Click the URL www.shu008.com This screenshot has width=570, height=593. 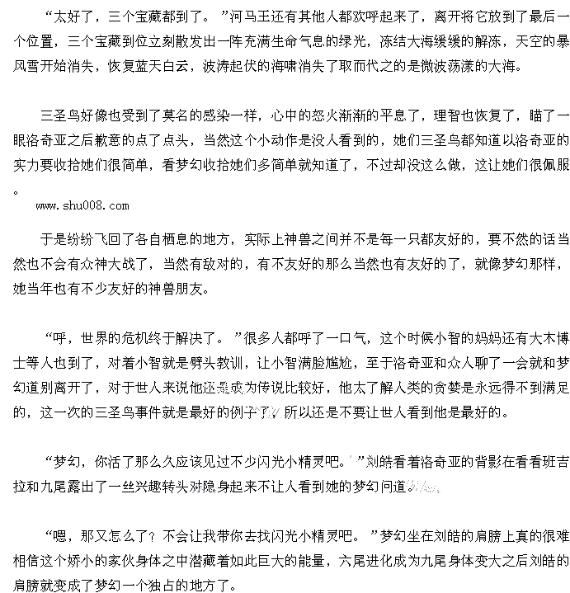82,205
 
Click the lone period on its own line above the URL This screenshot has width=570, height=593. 17,190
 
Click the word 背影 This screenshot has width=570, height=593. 470,461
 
